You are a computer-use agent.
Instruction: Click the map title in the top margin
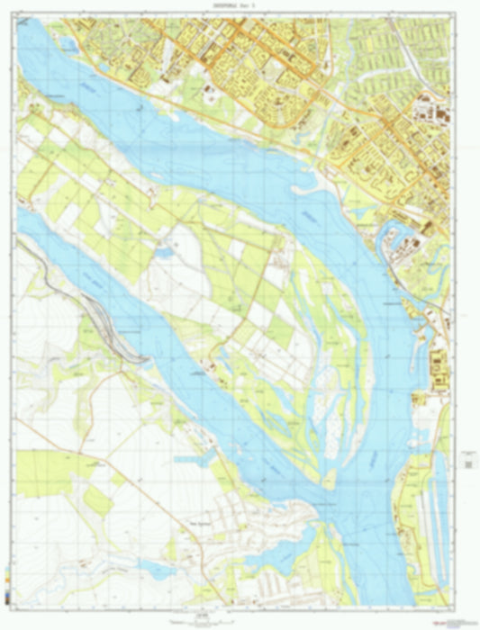(239, 4)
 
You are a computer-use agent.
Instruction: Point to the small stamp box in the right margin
(469, 461)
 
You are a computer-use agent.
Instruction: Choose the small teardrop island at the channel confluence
(331, 474)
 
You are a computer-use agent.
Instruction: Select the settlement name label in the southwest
(200, 524)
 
